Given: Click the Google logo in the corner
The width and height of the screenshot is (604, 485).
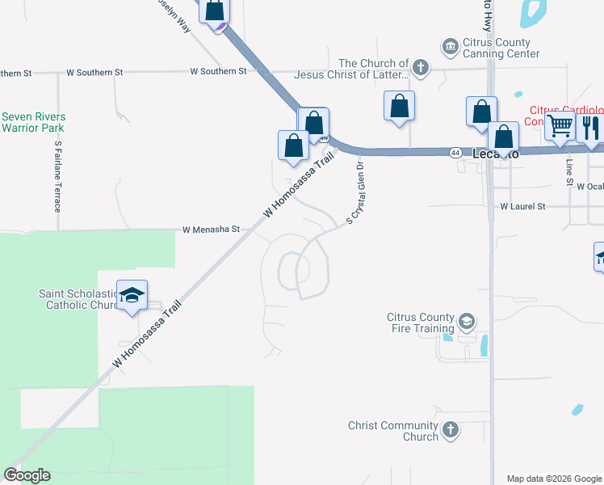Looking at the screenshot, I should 27,475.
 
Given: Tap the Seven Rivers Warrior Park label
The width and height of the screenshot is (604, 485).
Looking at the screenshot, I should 33,122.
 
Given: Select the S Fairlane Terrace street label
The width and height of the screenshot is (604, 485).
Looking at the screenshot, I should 58,176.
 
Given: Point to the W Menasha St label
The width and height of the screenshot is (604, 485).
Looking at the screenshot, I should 211,230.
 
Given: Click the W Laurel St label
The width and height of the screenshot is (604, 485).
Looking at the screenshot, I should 522,207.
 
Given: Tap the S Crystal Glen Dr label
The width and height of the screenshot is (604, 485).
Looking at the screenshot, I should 356,191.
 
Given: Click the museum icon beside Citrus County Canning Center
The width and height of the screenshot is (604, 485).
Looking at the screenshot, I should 449,48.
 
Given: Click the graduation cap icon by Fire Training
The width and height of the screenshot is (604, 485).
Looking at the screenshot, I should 466,323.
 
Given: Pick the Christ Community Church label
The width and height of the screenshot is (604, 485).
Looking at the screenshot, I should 393,431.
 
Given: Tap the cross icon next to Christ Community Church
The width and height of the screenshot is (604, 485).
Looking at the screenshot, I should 451,430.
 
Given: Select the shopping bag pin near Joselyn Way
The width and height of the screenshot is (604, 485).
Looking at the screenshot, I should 215,11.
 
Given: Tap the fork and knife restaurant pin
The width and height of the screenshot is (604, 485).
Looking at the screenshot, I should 590,128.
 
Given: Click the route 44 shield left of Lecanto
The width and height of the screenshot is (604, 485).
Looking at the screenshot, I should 456,152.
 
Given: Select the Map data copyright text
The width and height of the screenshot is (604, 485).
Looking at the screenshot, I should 554,479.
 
